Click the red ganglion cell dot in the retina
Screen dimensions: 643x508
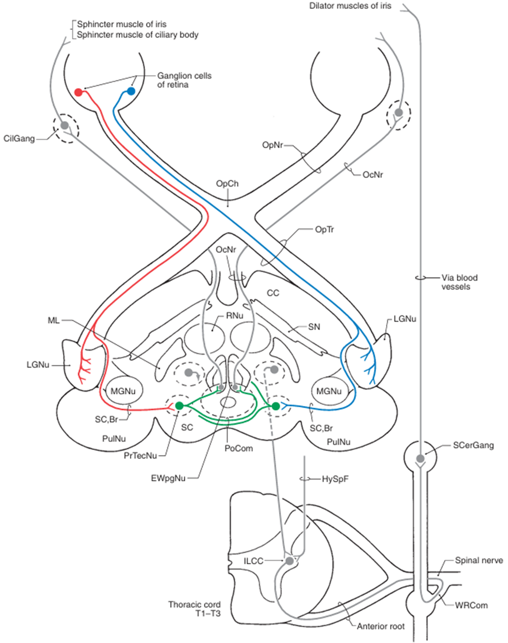(78, 92)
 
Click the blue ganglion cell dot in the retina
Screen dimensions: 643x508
(131, 91)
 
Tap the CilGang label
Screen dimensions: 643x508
(19, 139)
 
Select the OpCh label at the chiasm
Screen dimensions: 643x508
(227, 183)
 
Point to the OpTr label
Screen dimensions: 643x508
(324, 229)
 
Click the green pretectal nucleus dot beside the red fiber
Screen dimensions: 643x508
(179, 405)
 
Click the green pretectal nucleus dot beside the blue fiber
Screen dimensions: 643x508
(276, 406)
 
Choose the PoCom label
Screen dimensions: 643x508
(238, 448)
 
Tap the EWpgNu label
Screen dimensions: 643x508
(168, 478)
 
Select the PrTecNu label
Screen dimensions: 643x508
(140, 456)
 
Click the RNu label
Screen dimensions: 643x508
(234, 316)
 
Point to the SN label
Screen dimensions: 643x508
(314, 327)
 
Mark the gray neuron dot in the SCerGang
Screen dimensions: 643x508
(420, 459)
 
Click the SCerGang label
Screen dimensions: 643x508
(473, 445)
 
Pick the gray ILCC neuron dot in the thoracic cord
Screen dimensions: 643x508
(289, 561)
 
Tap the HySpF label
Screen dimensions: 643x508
(335, 479)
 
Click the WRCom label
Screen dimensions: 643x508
(471, 605)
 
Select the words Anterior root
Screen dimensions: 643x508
(381, 626)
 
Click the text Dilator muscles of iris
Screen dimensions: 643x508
(350, 6)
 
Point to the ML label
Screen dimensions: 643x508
(54, 320)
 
